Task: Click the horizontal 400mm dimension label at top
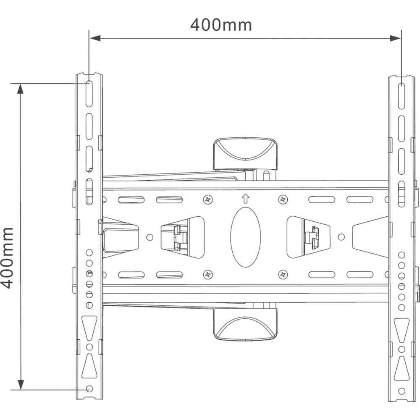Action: [221, 25]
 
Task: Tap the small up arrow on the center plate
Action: [246, 198]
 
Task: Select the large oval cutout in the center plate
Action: [245, 237]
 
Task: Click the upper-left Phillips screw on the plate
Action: [207, 199]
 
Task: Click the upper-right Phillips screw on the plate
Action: [283, 199]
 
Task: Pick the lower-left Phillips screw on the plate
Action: [207, 275]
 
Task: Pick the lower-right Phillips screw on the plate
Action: [283, 275]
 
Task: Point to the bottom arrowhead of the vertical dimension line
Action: [20, 384]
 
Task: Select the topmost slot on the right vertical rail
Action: [402, 92]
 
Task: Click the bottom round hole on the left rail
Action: [89, 389]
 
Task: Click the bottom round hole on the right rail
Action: [402, 391]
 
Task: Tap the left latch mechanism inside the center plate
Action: [176, 237]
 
